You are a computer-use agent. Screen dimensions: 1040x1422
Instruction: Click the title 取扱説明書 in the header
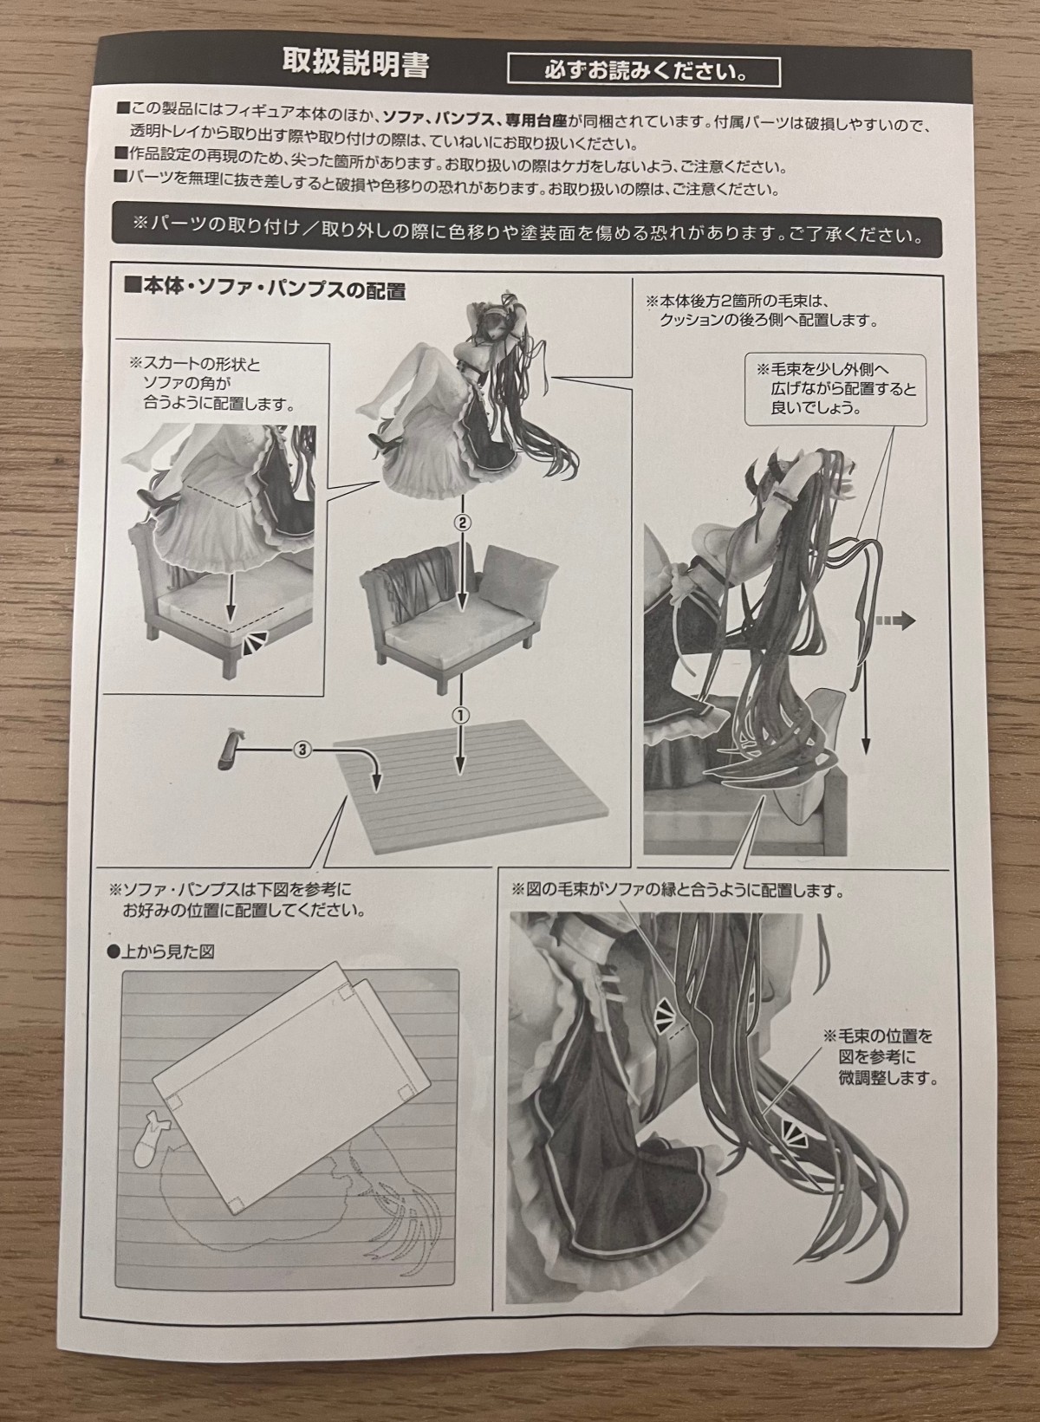355,64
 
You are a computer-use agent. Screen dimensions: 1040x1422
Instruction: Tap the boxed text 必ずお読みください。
644,71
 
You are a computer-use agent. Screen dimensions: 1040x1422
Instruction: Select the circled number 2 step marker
462,523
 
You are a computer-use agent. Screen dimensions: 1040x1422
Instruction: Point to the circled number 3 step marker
302,750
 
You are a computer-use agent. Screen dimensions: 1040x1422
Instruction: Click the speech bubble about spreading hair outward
835,388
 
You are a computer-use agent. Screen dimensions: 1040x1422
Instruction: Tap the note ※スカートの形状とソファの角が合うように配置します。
211,385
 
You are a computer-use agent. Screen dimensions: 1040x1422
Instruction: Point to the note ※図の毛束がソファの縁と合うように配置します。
678,892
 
